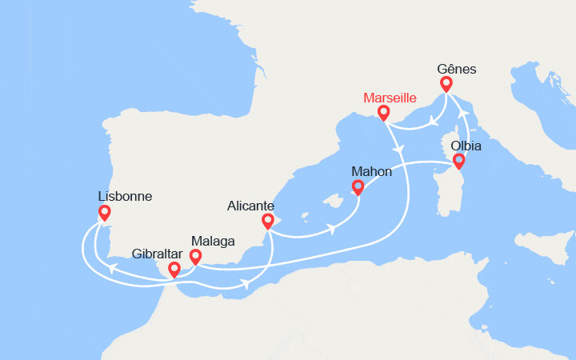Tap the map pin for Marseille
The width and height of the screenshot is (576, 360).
[384, 113]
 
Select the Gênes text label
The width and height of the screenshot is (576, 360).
[458, 69]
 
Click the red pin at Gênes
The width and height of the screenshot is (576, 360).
[446, 83]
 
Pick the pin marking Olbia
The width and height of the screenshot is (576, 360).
[458, 161]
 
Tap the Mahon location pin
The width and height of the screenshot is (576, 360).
[358, 187]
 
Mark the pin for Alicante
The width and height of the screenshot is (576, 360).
[268, 221]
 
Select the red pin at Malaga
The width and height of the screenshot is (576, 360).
[194, 256]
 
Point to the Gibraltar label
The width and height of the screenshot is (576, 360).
[158, 254]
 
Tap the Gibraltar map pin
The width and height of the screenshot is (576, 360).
[174, 270]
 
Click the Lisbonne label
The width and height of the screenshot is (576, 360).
[125, 196]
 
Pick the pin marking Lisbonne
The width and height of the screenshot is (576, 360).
[103, 213]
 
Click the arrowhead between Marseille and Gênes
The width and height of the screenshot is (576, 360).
[432, 122]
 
